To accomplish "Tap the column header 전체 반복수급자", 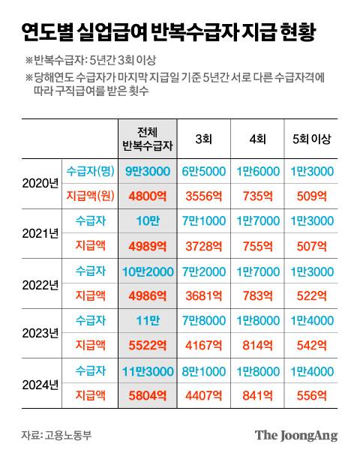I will tap(147, 139).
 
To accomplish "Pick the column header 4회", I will tap(257, 139).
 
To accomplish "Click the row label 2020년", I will tap(40, 184).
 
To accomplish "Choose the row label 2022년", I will tap(40, 284).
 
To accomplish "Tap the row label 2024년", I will tap(40, 384).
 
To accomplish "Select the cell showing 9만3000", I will tap(147, 171).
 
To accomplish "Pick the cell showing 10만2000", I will tap(147, 271).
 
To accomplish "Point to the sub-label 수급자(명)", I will tap(90, 171).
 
